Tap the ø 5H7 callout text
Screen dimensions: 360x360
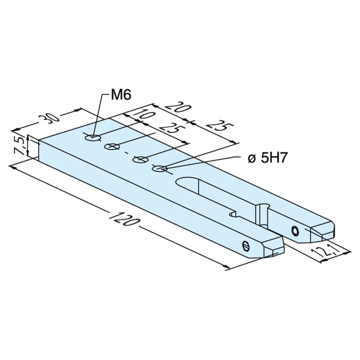pyautogui.click(x=267, y=158)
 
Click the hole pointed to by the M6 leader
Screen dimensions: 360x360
pyautogui.click(x=93, y=138)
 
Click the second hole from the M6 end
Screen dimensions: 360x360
pyautogui.click(x=114, y=147)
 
